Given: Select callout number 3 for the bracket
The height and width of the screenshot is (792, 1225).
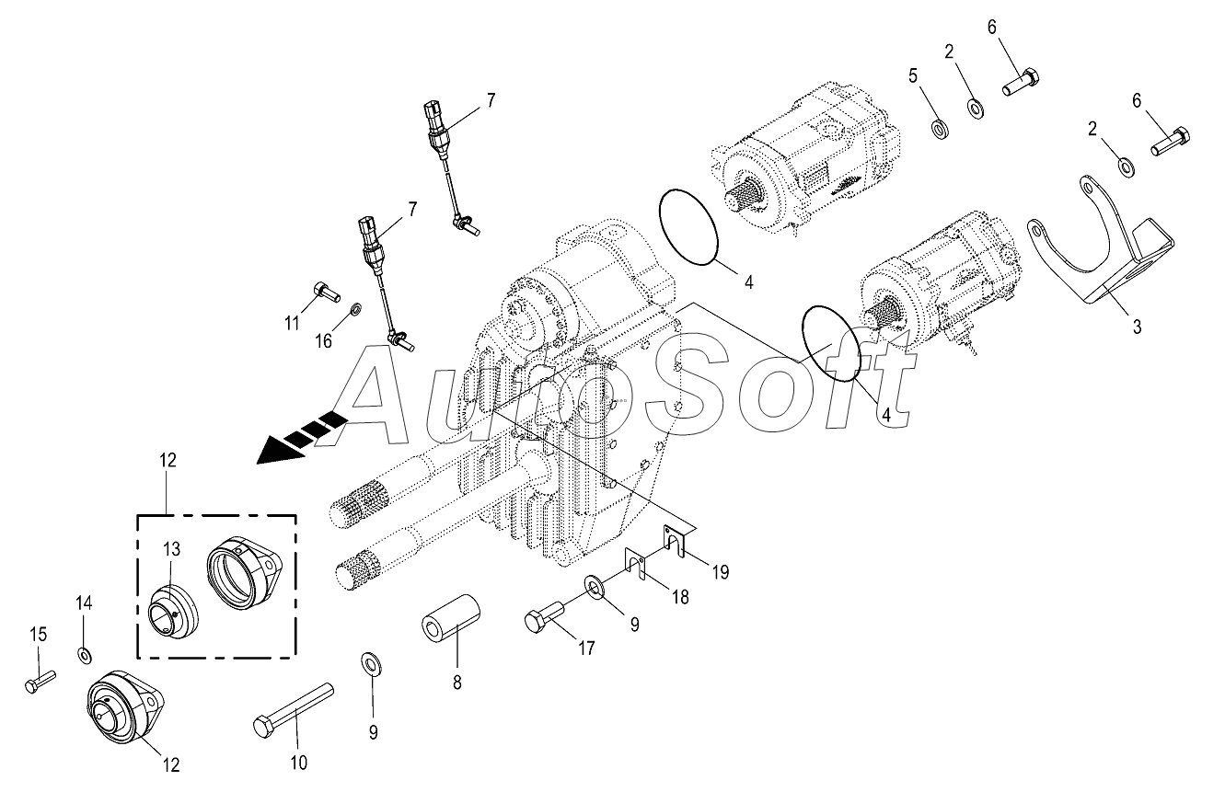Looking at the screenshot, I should pyautogui.click(x=1137, y=326).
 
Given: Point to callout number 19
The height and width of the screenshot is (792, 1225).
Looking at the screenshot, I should pyautogui.click(x=721, y=572).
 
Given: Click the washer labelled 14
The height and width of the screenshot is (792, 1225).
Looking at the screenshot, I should pyautogui.click(x=85, y=655).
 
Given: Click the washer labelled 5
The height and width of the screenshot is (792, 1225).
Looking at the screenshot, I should pyautogui.click(x=939, y=126).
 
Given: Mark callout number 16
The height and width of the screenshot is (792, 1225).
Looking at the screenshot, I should pyautogui.click(x=324, y=342).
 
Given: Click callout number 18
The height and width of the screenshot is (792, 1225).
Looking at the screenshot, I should pyautogui.click(x=679, y=597).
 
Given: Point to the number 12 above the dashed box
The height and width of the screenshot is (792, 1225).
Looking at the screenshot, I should pyautogui.click(x=167, y=459).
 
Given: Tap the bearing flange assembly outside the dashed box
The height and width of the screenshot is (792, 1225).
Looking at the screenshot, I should pyautogui.click(x=124, y=707).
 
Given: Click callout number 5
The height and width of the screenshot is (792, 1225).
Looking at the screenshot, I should pyautogui.click(x=914, y=76).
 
